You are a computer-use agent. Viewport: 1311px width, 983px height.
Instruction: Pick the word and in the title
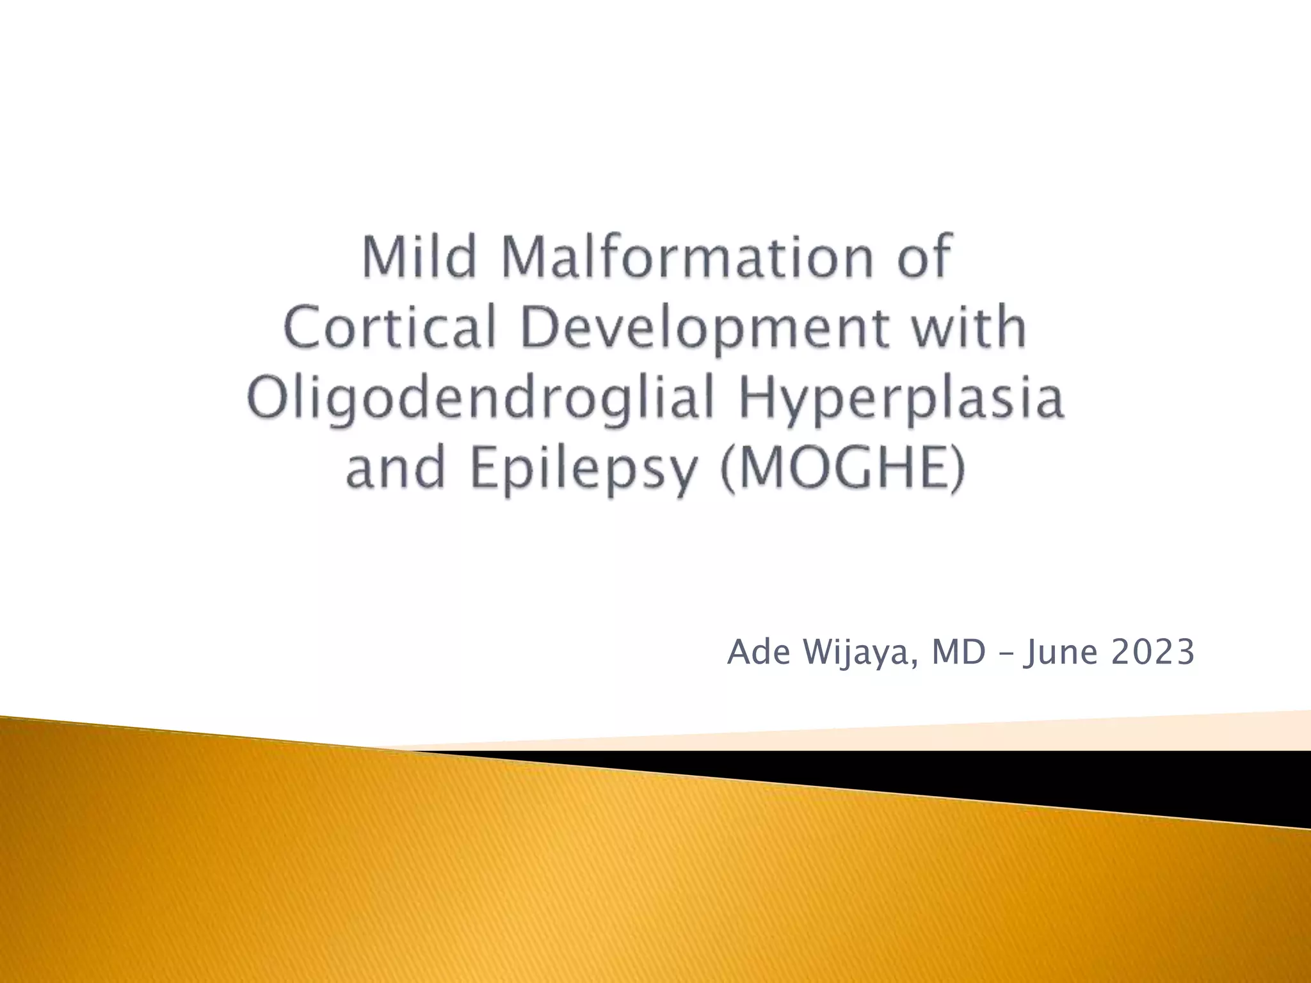395,470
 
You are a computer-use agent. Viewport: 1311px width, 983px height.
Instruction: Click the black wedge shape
1088,781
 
